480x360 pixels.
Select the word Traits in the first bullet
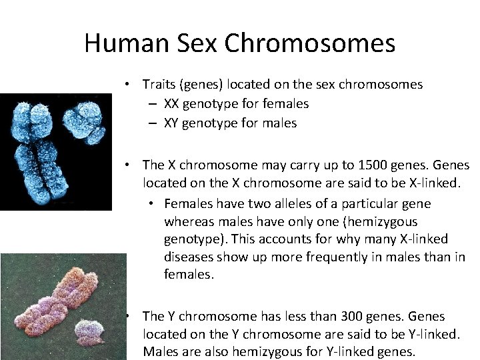coord(158,84)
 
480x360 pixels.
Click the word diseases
coord(189,256)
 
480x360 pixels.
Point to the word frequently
coord(315,256)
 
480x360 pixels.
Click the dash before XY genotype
coord(153,123)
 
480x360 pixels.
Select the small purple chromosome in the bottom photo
coord(91,329)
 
